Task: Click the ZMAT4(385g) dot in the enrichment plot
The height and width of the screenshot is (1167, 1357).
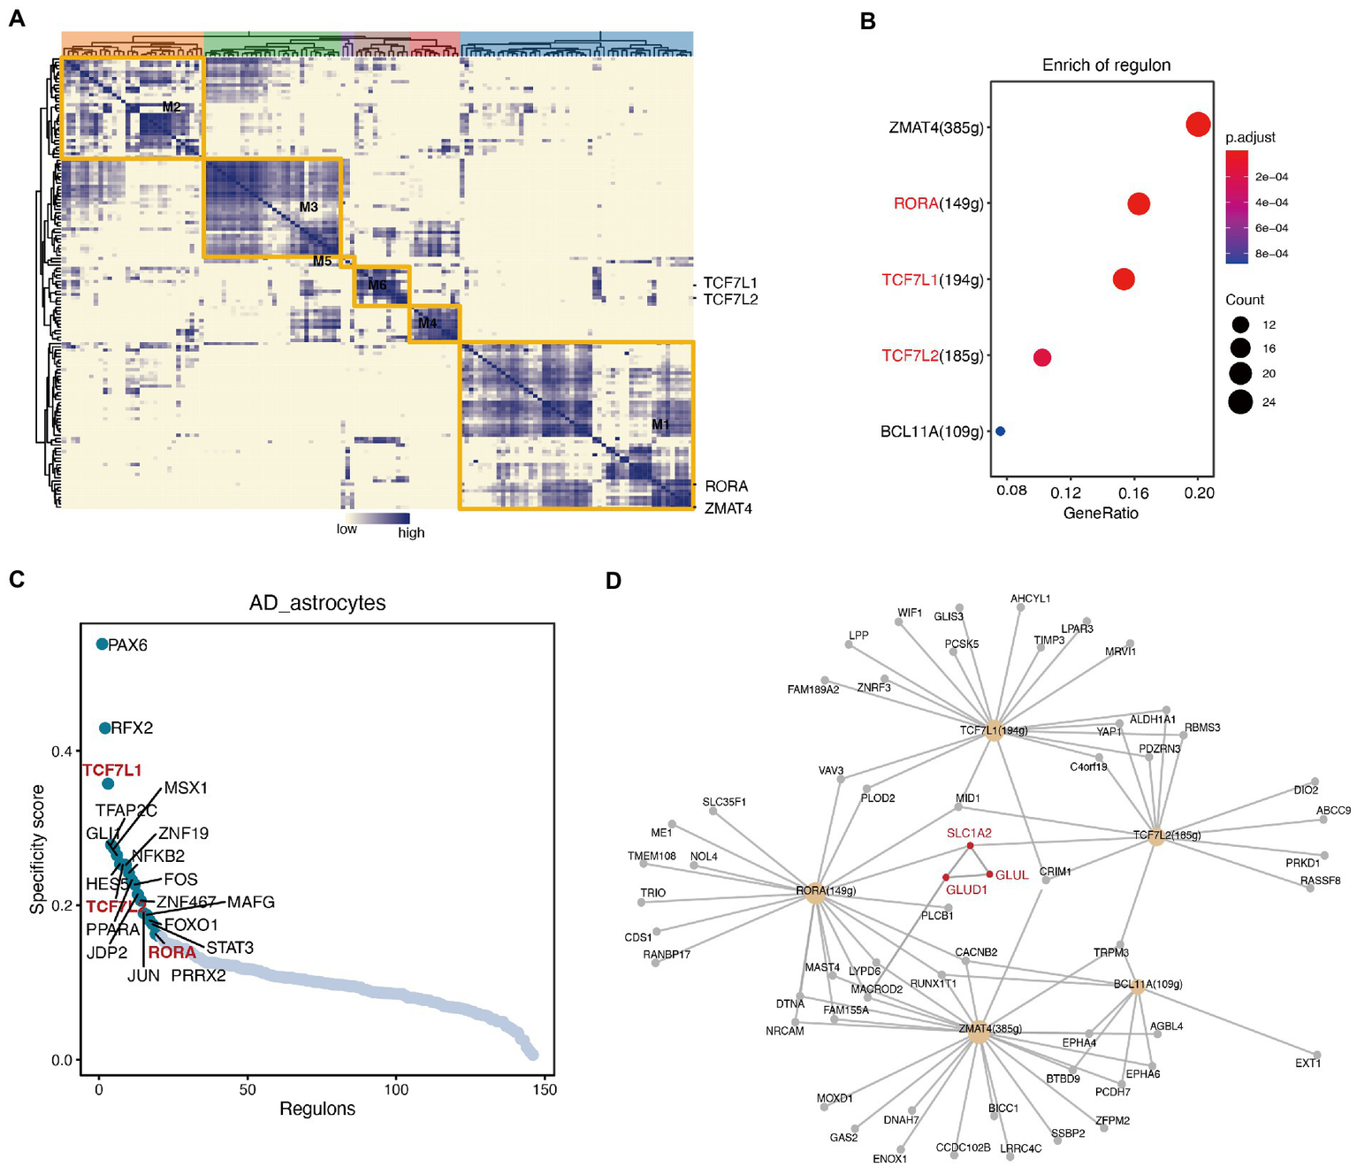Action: click(1197, 125)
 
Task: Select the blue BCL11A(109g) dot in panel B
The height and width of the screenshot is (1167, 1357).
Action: click(1000, 431)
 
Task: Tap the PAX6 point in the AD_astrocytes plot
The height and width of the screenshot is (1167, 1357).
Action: click(103, 645)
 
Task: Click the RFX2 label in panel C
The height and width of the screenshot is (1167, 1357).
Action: click(132, 728)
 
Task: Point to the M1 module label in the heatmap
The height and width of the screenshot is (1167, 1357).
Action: click(660, 425)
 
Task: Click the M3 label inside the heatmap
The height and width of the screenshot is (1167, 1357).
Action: click(308, 208)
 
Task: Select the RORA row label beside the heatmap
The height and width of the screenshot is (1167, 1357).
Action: click(726, 486)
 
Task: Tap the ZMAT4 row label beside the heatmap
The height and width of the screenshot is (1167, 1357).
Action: click(728, 509)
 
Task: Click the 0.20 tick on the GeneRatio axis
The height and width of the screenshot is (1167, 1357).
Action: click(1199, 492)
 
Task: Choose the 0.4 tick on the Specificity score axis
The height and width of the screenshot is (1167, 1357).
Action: click(61, 751)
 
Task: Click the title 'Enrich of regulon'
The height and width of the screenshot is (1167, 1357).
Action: click(1105, 65)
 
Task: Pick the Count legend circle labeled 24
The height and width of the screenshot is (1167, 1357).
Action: click(1240, 402)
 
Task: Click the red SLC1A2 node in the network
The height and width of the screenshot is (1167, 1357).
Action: click(970, 846)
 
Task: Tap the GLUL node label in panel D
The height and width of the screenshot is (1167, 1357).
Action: click(1011, 875)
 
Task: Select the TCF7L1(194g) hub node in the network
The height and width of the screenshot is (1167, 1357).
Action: click(994, 731)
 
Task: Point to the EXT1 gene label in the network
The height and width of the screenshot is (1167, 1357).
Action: click(1307, 1064)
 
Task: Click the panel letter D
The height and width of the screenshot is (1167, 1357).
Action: click(613, 581)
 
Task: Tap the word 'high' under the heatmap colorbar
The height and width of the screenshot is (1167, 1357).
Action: click(411, 533)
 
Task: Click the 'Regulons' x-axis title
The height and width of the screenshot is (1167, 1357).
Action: click(317, 1109)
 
